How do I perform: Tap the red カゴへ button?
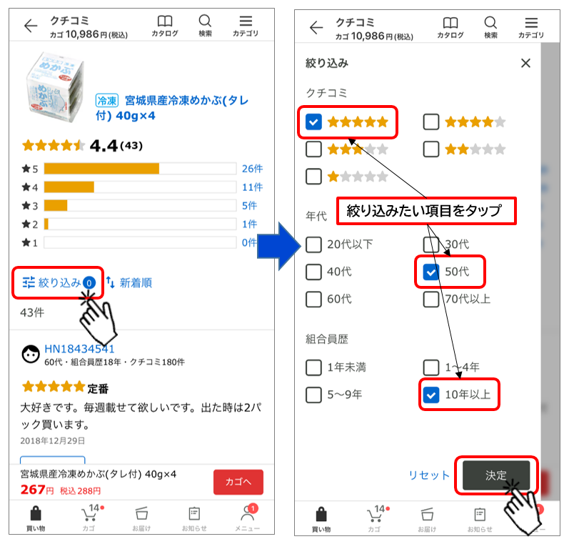(x=238, y=482)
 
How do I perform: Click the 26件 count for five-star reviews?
(x=252, y=169)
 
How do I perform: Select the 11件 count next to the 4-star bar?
(x=252, y=187)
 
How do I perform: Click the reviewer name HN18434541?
(x=79, y=349)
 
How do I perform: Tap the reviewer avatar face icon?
(x=31, y=355)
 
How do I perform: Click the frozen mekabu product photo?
(x=56, y=87)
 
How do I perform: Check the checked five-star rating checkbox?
(x=313, y=122)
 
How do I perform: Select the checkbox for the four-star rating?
(x=431, y=122)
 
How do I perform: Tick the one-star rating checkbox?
(x=313, y=177)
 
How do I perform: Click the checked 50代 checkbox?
(x=431, y=272)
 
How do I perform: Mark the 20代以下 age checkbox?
(x=313, y=244)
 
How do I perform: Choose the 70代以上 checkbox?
(x=431, y=300)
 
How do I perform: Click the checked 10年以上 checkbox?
(x=431, y=395)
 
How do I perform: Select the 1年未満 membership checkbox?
(x=313, y=367)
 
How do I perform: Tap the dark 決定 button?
(x=496, y=475)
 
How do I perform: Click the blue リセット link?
(x=429, y=475)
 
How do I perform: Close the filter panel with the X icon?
(x=525, y=64)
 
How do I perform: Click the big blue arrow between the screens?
(x=278, y=247)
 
